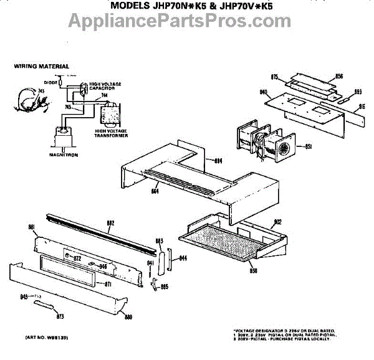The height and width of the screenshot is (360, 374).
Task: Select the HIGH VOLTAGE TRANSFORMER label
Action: (112, 133)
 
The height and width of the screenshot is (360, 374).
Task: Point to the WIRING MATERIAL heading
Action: (42, 66)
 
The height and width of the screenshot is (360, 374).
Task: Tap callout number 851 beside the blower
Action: (308, 147)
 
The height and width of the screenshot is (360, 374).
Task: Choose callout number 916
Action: (361, 107)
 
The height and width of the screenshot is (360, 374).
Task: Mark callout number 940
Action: (264, 92)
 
